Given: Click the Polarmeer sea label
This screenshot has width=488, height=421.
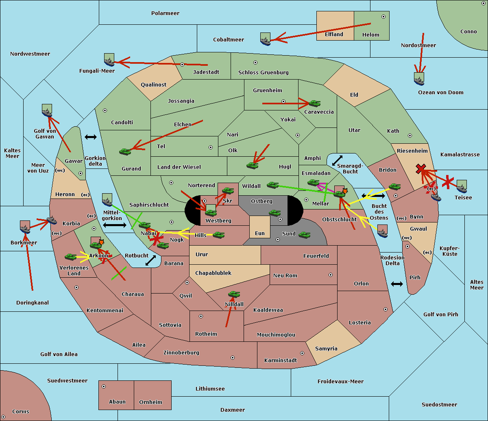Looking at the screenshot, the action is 165,13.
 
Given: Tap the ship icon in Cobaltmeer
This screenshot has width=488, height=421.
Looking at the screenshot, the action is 266,39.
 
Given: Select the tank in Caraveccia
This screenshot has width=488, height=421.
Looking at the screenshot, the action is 315,103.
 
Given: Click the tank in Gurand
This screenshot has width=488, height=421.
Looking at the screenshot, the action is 125,151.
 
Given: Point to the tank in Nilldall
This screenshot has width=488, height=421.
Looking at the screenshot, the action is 234,294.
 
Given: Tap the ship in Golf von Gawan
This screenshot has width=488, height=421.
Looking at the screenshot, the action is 47,110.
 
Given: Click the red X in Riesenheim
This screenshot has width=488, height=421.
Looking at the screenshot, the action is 421,169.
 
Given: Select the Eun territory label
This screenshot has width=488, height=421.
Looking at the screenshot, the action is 260,233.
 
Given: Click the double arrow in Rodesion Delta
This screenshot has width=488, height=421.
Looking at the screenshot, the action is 397,284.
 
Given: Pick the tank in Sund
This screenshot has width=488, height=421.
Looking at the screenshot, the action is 304,235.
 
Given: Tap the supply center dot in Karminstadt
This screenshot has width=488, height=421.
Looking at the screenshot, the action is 302,353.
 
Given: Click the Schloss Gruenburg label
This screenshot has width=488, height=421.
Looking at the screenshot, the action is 264,72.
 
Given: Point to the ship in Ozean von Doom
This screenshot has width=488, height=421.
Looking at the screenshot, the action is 419,79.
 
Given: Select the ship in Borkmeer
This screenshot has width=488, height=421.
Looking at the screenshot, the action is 25,227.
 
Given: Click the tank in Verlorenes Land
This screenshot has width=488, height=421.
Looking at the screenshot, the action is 71,257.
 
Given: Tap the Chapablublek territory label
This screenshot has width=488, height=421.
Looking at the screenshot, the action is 213,273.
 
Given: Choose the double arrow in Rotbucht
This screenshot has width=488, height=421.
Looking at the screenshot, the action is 150,260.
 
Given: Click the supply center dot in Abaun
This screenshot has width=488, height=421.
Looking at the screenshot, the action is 104,386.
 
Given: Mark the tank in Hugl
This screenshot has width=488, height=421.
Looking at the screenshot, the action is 253,166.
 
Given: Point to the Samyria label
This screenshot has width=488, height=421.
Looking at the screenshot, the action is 326,348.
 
